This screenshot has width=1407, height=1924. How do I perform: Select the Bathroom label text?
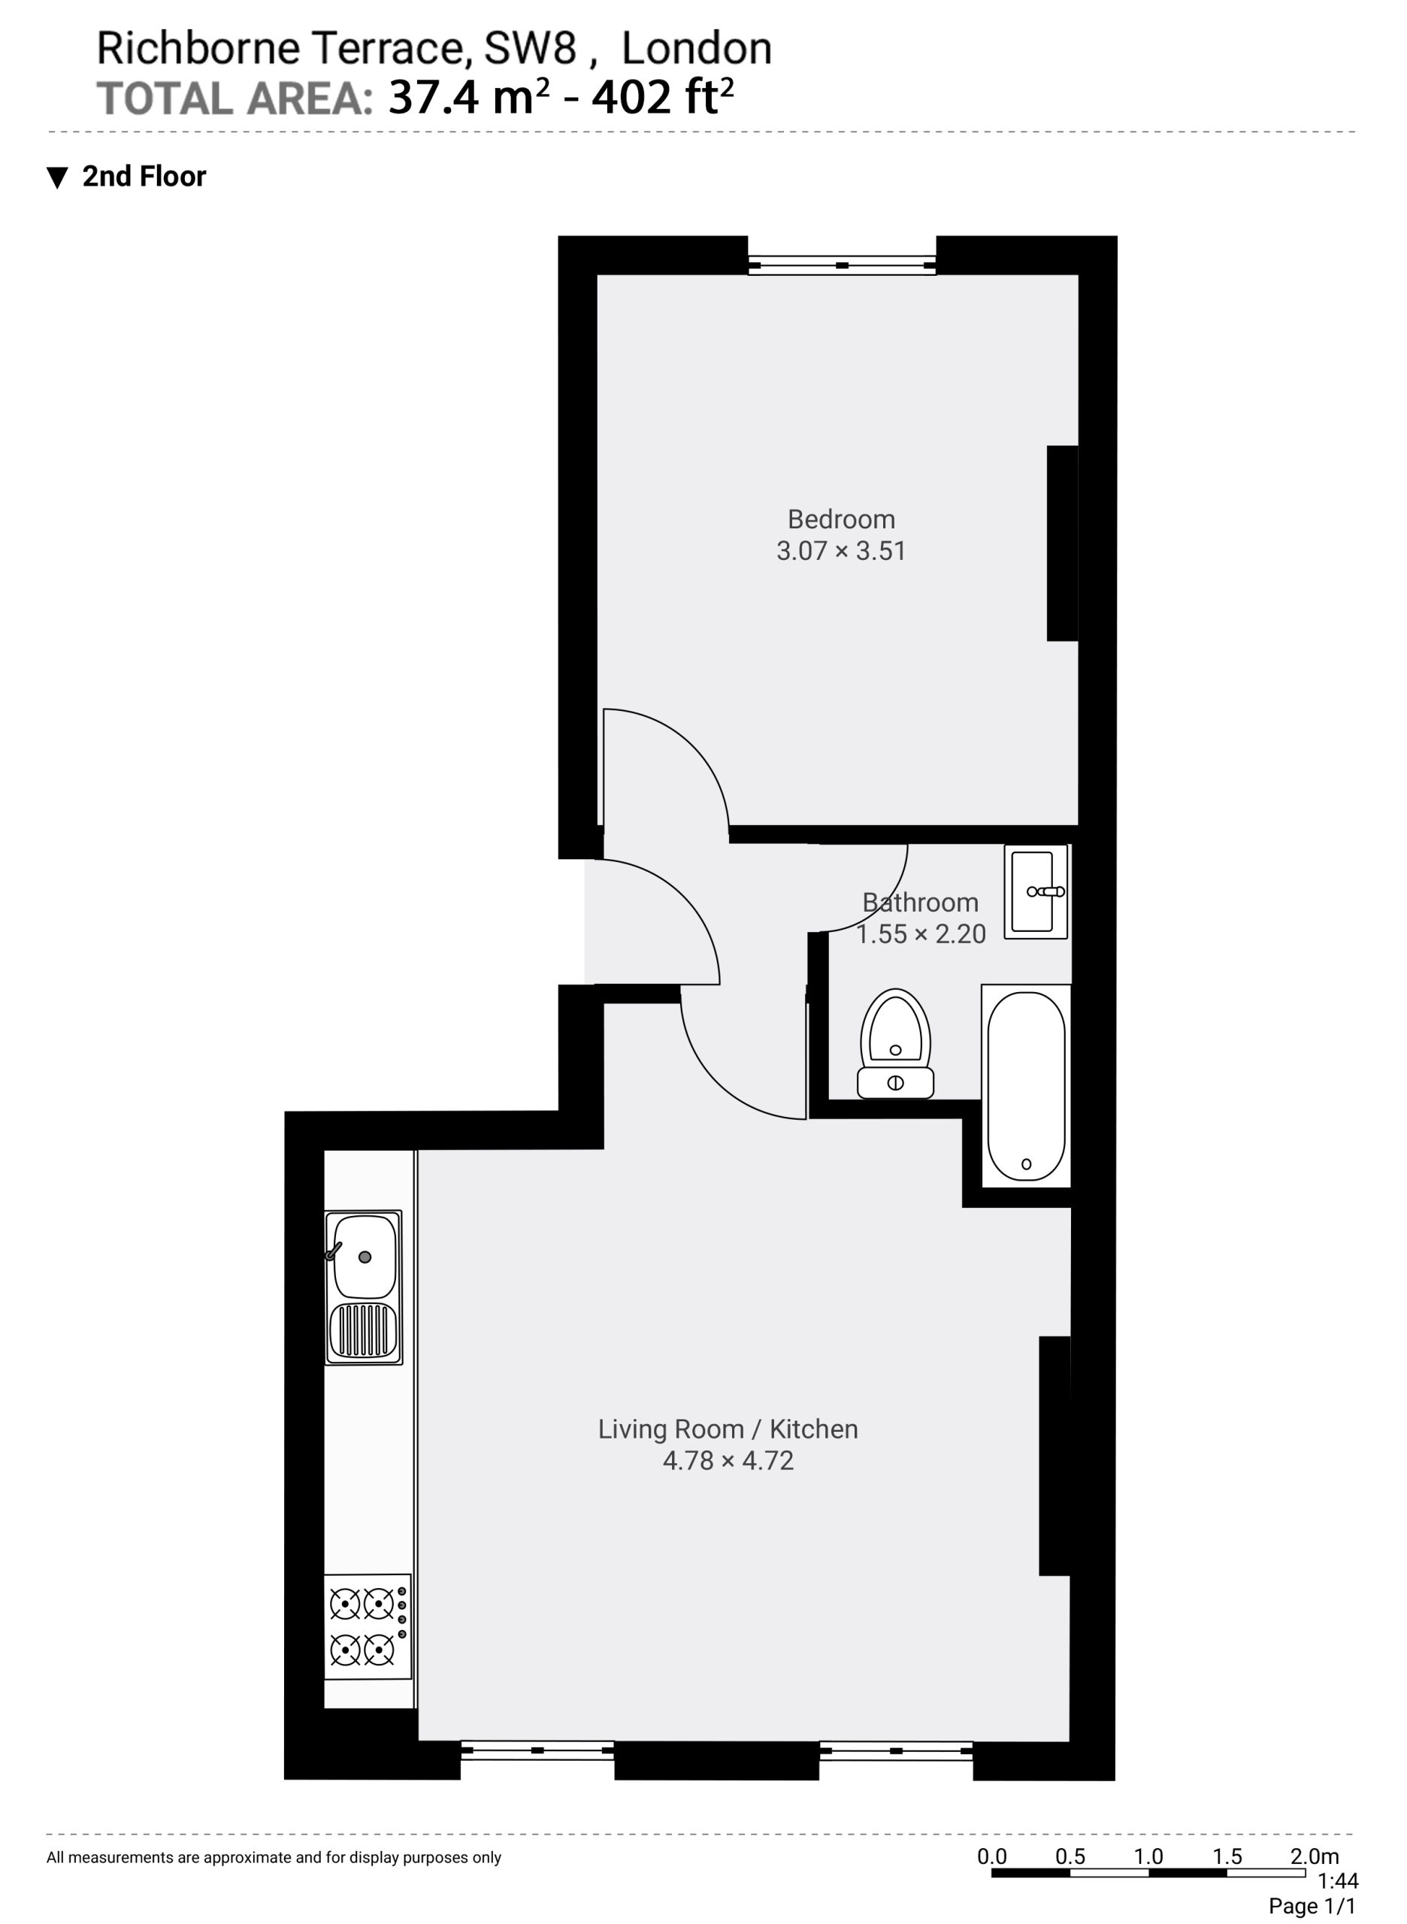point(920,902)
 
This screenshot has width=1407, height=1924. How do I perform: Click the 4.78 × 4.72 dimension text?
point(728,1461)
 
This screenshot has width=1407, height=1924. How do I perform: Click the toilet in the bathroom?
point(895,1043)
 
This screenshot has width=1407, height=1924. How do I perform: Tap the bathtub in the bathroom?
point(1025,1086)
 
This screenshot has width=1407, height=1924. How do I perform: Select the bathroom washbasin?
point(1036,892)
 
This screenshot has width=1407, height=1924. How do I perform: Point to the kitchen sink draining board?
point(365,1331)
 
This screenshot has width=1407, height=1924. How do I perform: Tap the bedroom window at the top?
point(842,266)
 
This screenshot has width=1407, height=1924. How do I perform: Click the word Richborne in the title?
point(198,49)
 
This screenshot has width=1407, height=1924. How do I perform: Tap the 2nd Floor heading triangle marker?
point(57,178)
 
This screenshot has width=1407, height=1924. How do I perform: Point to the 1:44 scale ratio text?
point(1337,1880)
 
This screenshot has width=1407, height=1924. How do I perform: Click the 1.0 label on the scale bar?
point(1148,1856)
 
